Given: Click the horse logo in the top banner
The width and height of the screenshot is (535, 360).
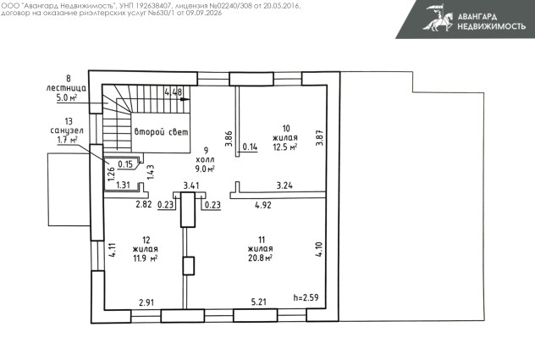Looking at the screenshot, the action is (x=438, y=18).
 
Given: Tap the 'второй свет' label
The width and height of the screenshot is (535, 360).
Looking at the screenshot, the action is (x=161, y=132).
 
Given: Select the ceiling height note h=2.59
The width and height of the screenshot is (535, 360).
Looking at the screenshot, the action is (x=306, y=297).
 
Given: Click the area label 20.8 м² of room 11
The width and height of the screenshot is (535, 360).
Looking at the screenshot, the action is (x=260, y=258).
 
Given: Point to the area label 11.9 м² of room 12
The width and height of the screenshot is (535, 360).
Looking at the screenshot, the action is (x=145, y=258).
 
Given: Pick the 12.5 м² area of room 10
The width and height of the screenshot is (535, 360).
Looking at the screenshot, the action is (x=285, y=147).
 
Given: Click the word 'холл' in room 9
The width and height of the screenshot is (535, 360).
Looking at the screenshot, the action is (x=205, y=159).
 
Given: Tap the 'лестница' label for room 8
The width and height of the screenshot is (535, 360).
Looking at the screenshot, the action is (x=66, y=88).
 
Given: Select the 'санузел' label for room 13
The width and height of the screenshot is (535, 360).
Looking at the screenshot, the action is (x=67, y=130).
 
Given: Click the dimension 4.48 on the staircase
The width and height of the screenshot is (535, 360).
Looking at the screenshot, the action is (x=174, y=91).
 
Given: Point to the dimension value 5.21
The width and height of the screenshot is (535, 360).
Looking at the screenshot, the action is (x=259, y=302).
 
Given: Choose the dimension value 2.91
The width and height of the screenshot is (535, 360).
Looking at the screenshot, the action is (x=146, y=302).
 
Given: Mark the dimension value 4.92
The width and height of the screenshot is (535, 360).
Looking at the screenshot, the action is (x=263, y=205).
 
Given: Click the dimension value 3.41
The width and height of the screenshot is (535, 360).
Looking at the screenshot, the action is (x=191, y=186).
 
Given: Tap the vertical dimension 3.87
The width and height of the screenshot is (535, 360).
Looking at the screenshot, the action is (x=319, y=138).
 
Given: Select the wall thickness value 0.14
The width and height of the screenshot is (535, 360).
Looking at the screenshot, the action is (x=250, y=147).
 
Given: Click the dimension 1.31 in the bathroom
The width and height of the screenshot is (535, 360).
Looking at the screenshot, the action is (x=124, y=186).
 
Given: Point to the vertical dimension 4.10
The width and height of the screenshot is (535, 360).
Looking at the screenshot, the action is (x=318, y=249).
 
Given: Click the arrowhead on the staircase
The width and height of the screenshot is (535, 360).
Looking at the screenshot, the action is (x=185, y=99).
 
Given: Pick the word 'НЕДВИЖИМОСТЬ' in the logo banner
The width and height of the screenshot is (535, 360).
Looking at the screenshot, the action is (x=491, y=26).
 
